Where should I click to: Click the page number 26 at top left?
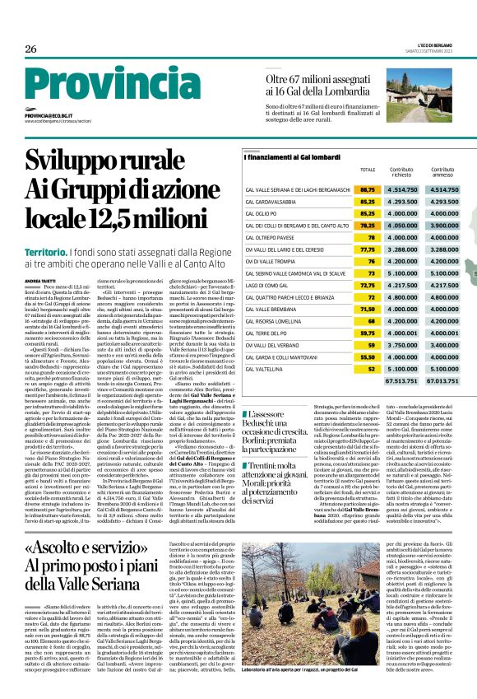coord(30,49)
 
